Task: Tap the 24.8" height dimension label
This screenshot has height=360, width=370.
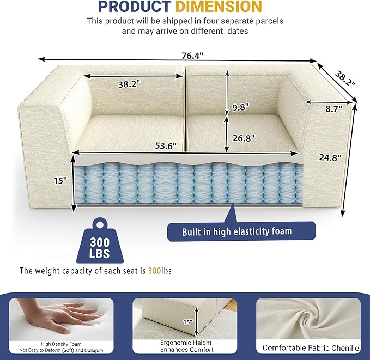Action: pos(330,158)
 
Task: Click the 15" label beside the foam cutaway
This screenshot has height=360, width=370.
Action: pos(60,180)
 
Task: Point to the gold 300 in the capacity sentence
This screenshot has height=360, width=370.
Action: pos(152,270)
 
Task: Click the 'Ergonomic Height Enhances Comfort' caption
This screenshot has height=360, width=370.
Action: pos(186,346)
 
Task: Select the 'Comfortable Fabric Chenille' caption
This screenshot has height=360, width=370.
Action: pos(311,347)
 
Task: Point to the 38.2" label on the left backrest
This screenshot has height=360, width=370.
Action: pos(129,84)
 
